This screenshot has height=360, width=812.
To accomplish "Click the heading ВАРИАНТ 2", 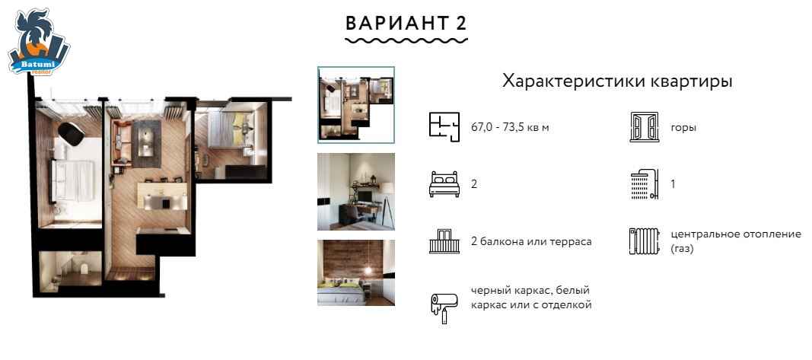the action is (406, 24).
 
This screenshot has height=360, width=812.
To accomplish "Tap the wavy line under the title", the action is (406, 40).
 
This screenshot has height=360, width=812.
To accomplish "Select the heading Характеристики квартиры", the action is (617, 81).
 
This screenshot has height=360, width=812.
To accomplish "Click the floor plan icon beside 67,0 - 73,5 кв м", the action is (444, 127).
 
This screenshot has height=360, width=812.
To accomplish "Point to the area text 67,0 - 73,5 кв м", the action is (510, 128).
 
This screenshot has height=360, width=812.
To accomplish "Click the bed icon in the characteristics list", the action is (444, 184).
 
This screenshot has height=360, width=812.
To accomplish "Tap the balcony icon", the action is (444, 241).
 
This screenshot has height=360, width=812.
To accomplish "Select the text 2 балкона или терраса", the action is (531, 242).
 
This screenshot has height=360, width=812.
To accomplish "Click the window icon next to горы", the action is (645, 127).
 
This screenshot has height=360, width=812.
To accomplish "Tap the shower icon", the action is (645, 184).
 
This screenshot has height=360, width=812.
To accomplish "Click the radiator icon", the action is (645, 241).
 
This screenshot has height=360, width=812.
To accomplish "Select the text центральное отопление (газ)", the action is (735, 241).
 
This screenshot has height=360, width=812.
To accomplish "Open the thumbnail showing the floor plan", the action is (356, 104).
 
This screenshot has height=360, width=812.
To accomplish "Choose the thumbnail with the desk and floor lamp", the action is (356, 192).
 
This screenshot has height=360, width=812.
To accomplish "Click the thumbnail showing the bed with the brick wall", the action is (356, 272).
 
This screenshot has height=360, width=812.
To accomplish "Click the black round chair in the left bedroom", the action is (71, 134).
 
